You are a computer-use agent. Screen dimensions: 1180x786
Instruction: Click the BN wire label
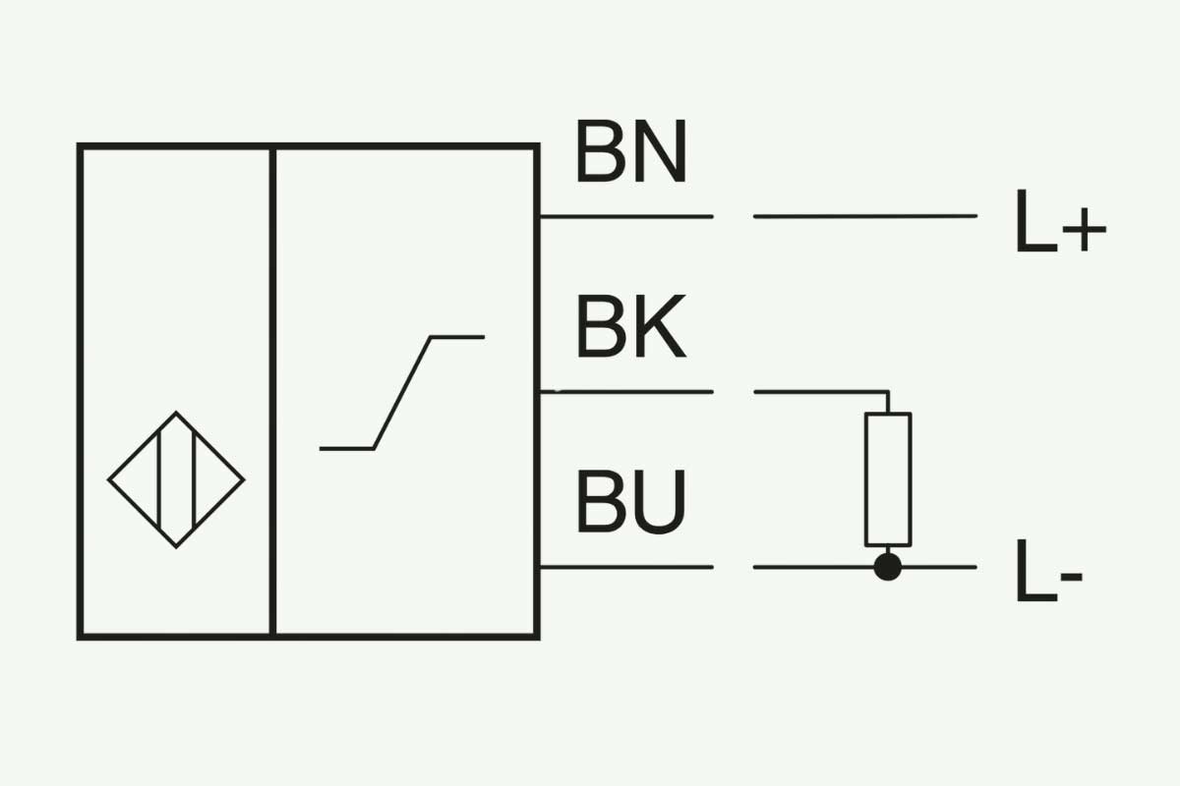[x=632, y=151]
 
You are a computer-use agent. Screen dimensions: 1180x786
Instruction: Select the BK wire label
[x=631, y=326]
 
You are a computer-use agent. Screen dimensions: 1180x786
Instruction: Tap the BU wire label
[x=631, y=502]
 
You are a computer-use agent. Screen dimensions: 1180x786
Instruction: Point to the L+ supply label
[x=1060, y=221]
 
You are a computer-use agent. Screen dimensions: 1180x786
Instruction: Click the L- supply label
[x=1049, y=571]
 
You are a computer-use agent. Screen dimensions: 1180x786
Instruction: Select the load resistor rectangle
[x=888, y=479]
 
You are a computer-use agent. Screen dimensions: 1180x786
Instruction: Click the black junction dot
[x=888, y=567]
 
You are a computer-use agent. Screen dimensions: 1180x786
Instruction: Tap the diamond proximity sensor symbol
[x=176, y=479]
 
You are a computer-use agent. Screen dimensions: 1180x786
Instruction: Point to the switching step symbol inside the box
[x=402, y=393]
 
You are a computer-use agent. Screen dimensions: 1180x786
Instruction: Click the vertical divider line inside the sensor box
[x=272, y=391]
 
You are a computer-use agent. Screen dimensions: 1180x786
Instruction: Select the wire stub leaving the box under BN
[x=626, y=216]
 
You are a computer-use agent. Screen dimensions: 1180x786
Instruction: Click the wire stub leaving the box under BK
[x=626, y=392]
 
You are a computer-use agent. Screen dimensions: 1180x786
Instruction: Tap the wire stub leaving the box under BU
[x=626, y=567]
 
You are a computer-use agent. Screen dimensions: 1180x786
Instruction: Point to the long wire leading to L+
[x=865, y=216]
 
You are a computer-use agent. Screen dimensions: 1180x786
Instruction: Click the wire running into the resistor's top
[x=822, y=392]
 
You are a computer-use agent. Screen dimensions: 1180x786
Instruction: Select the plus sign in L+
[x=1084, y=230]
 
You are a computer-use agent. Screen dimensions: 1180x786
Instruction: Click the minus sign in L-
[x=1072, y=577]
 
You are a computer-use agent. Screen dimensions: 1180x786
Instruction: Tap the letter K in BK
[x=660, y=326]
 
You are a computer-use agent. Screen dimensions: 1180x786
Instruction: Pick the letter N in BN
[x=661, y=151]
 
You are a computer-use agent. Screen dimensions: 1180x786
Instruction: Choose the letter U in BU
[x=660, y=502]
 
